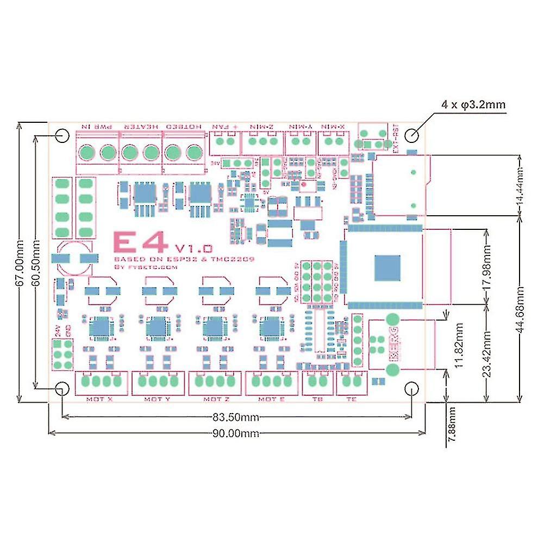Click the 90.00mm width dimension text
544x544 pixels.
(x=236, y=433)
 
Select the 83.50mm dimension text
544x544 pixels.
(x=236, y=417)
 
